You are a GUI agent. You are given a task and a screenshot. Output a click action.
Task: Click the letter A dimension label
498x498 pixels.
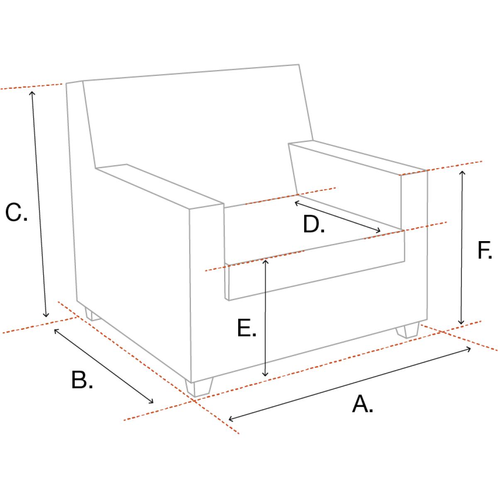[362, 404]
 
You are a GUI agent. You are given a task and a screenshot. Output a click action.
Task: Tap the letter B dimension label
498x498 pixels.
[82, 380]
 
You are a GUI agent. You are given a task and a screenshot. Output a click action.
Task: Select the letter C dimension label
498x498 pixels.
[16, 212]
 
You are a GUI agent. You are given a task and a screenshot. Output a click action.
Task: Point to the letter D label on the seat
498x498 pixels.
[313, 224]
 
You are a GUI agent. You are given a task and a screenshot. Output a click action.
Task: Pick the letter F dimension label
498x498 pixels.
[485, 250]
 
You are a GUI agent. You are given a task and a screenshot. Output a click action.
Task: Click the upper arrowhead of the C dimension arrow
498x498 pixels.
[32, 93]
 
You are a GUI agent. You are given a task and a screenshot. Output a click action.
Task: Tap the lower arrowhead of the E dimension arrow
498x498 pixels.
[265, 375]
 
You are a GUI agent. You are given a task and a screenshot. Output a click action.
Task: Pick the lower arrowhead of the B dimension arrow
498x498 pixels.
[151, 402]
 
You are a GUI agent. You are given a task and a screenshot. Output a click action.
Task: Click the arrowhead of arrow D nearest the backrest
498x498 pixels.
[297, 203]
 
